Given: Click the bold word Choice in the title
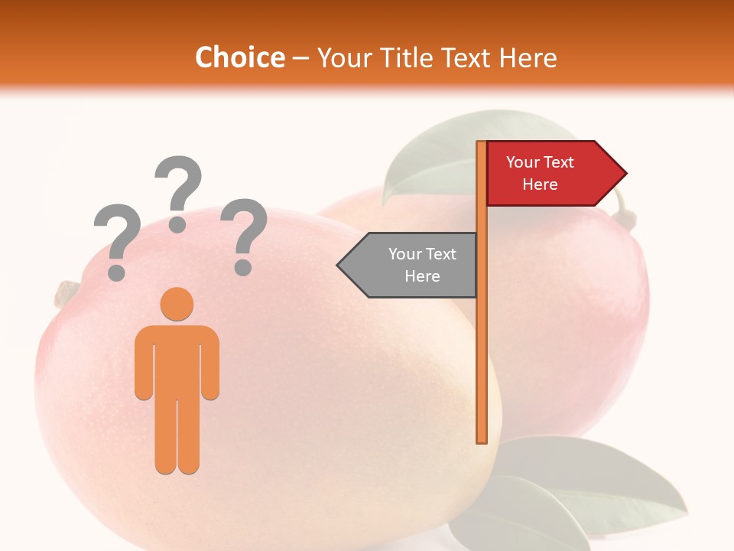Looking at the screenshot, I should (239, 57).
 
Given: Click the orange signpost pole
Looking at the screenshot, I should (482, 344).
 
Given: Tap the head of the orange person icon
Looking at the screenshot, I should (177, 303).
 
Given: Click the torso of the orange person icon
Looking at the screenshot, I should (177, 360).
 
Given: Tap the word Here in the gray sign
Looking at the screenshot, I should (422, 276).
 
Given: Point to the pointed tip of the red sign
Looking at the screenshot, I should (625, 174).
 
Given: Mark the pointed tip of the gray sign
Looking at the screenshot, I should (339, 265).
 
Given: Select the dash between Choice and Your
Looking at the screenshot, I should (300, 57).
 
